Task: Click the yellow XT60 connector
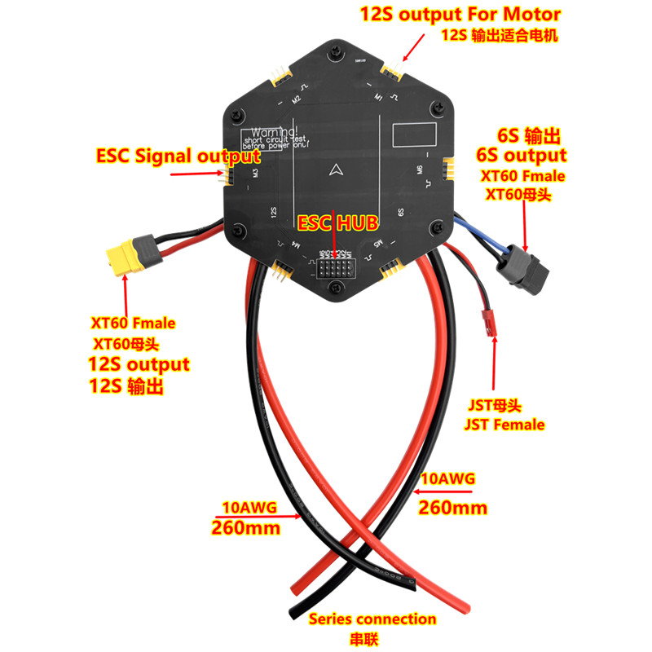(x=125, y=258)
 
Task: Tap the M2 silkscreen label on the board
(x=297, y=99)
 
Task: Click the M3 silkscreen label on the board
(x=255, y=171)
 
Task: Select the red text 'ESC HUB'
(x=335, y=222)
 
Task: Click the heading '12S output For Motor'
(x=460, y=15)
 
